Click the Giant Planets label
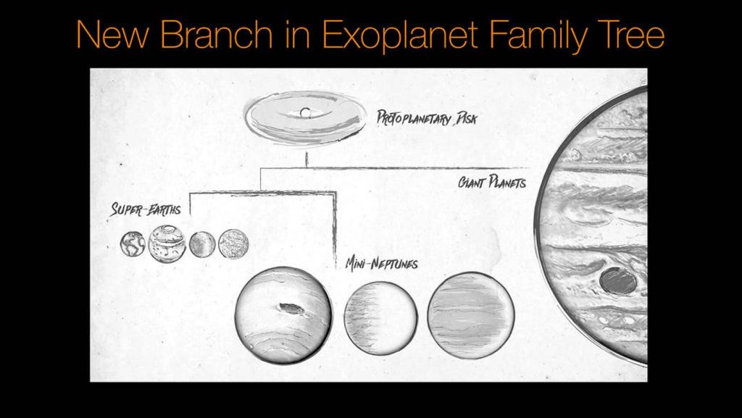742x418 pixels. tap(491, 182)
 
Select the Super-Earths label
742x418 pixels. tap(146, 211)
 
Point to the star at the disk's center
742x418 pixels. tap(305, 112)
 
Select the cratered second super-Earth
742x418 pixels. tap(167, 244)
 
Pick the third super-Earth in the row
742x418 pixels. tap(202, 243)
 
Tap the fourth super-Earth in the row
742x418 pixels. tap(233, 243)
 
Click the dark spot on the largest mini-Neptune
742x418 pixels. tap(291, 309)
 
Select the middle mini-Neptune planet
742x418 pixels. tap(380, 317)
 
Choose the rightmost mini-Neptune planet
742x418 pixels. tap(471, 315)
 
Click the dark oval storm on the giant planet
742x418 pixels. tap(618, 280)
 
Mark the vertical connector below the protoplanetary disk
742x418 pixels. tap(307, 159)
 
